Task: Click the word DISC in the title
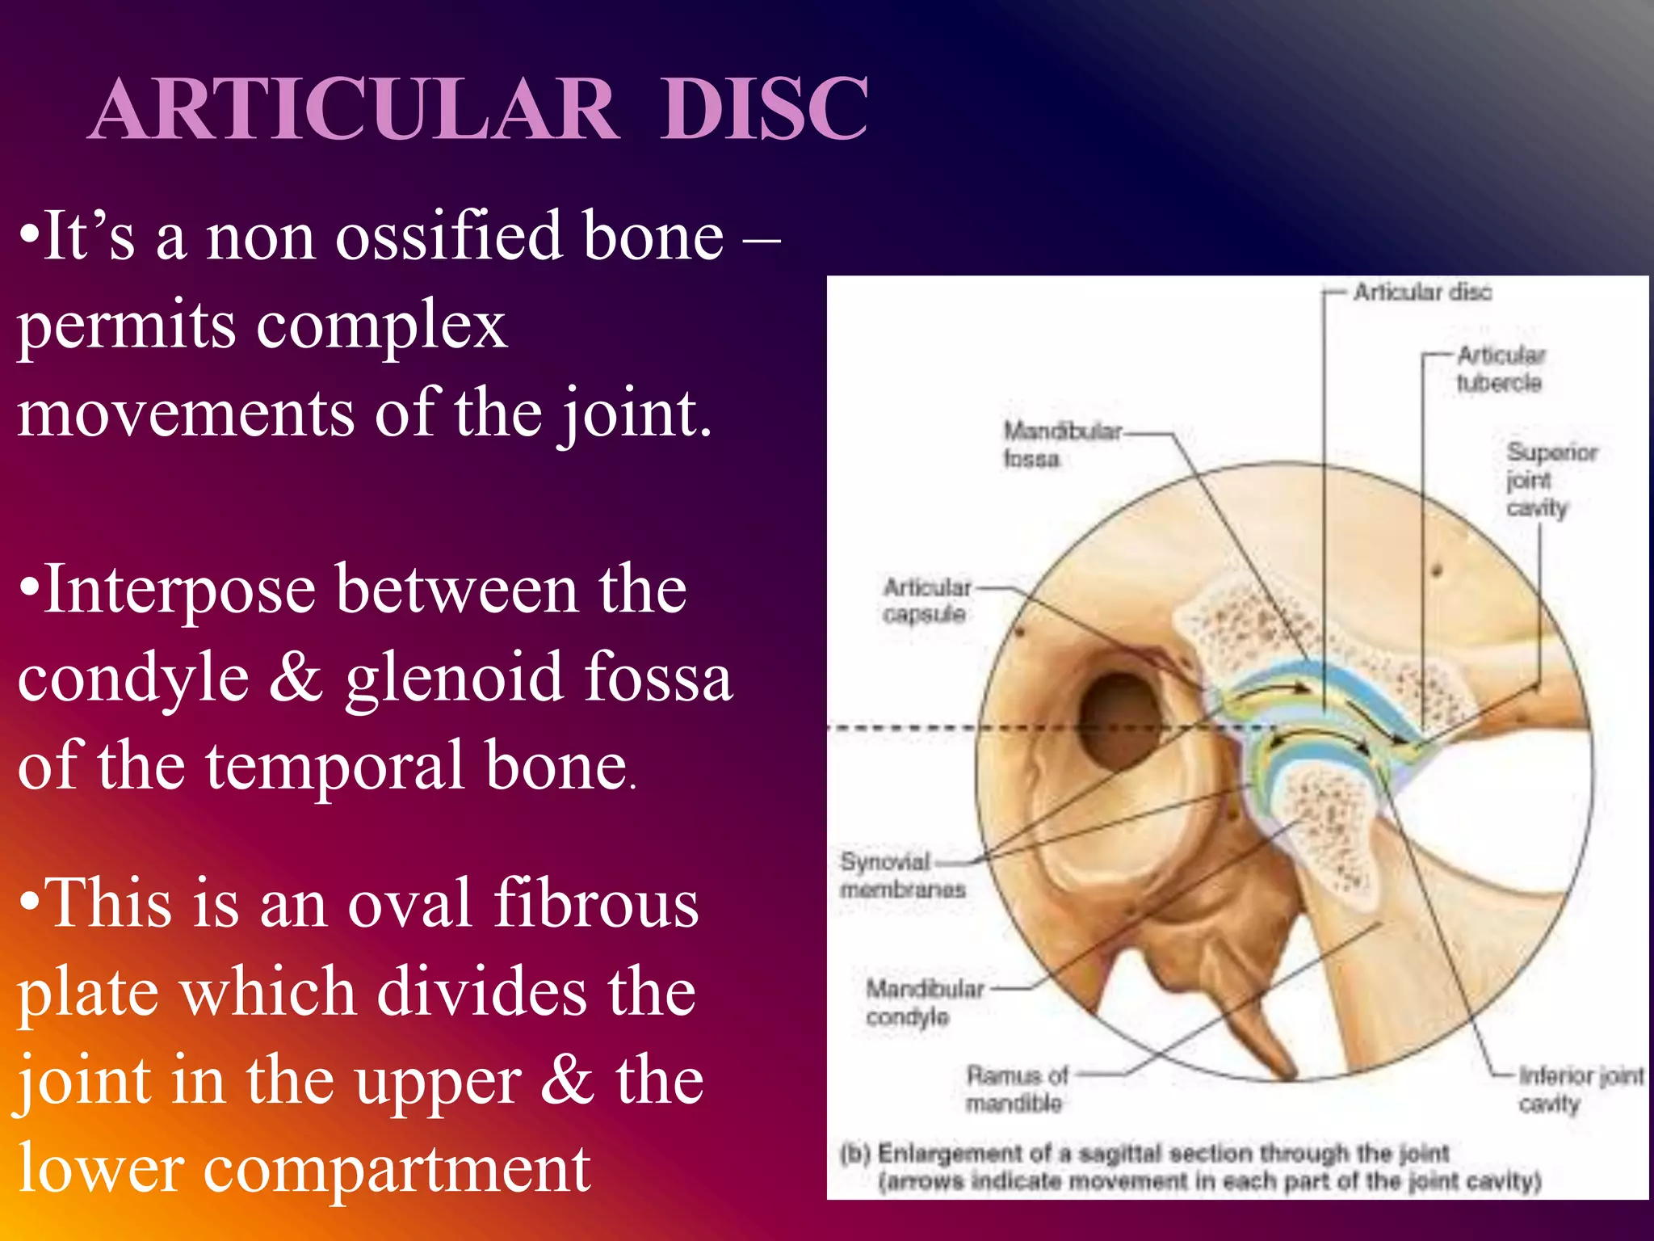(763, 109)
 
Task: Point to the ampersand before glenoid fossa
(296, 677)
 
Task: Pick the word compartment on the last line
(396, 1168)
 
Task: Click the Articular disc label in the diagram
(1422, 292)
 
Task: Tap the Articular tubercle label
(1500, 368)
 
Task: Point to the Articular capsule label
(926, 600)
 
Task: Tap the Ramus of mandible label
(1016, 1088)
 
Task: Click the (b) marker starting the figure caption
(854, 1152)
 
